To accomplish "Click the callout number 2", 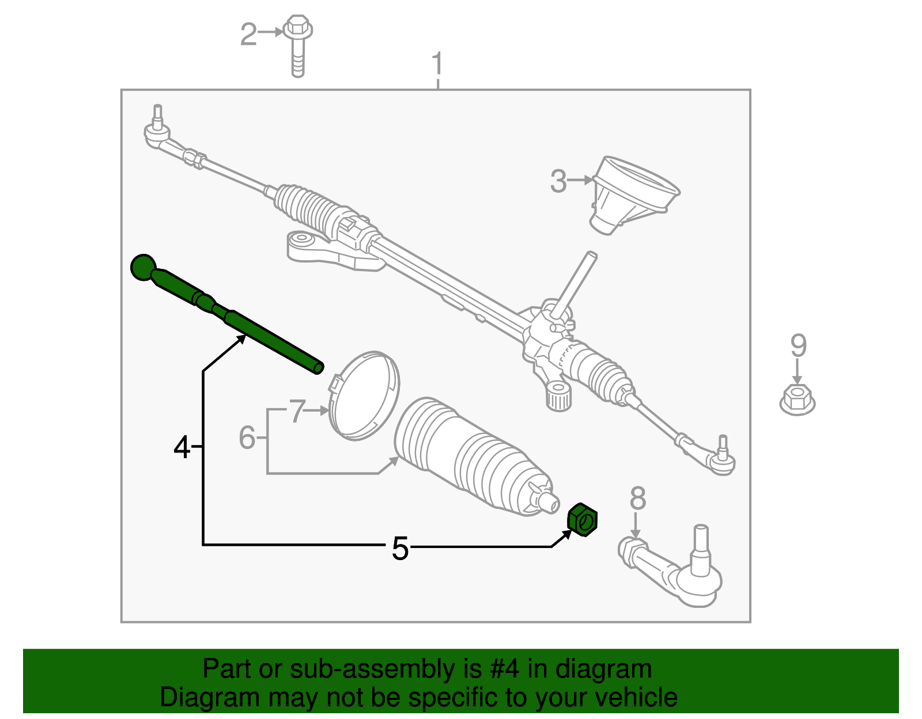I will click(248, 35).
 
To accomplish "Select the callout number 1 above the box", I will click(437, 64).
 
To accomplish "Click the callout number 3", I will click(558, 181).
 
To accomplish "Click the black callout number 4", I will click(182, 447).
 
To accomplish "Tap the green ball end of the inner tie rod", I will click(143, 267).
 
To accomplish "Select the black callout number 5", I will click(400, 548).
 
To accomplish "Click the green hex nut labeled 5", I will click(583, 520).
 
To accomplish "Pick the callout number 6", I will click(247, 438).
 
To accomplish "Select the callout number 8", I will click(637, 499).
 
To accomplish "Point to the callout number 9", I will click(798, 345).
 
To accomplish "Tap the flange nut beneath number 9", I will click(797, 399).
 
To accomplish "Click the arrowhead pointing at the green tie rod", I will click(241, 338).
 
